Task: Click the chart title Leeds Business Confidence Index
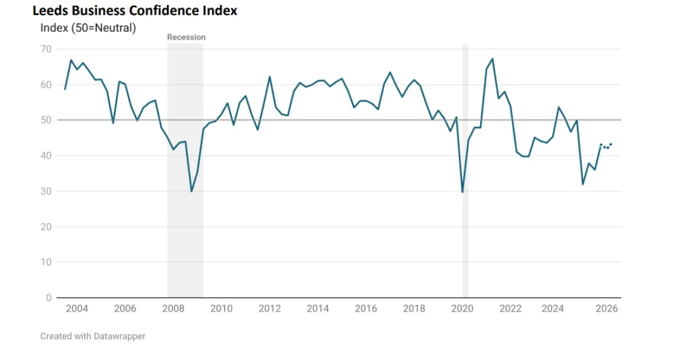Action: (135, 10)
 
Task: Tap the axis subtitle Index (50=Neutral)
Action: (88, 27)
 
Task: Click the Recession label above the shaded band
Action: (186, 37)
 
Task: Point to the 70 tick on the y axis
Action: (46, 49)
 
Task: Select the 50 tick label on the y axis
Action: (46, 120)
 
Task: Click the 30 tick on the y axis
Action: (46, 191)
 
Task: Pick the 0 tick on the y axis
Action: (49, 298)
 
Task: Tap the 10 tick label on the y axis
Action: (46, 262)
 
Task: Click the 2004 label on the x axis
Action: (77, 309)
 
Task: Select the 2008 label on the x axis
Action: (173, 309)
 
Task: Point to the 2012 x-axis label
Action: (269, 309)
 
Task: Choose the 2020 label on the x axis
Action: (462, 309)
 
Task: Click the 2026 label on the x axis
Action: (607, 309)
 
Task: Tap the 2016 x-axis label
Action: (366, 309)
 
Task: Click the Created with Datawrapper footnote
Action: (93, 337)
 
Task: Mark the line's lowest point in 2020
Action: (462, 192)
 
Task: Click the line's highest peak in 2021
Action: (492, 59)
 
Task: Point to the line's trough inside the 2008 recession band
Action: (191, 191)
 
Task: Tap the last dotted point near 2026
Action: (611, 144)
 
